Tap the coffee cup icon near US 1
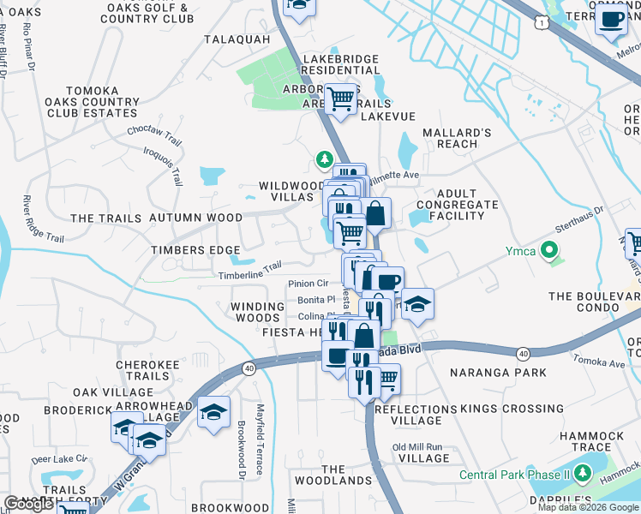point(611,19)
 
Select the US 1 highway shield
point(542,25)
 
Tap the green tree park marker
point(324,158)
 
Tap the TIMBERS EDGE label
point(195,250)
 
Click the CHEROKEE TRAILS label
point(148,370)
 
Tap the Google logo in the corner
point(28,504)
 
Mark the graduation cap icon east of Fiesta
point(417,304)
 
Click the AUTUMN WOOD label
point(195,218)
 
